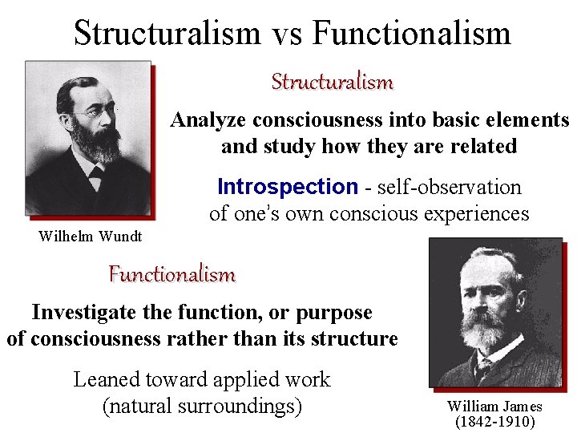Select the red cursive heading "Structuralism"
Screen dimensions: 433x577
point(332,82)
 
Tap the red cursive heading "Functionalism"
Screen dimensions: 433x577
point(172,274)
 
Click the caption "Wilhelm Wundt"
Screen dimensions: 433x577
point(91,236)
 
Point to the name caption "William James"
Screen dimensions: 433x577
point(494,407)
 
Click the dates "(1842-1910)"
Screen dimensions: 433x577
point(494,421)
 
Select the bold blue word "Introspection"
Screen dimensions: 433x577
point(287,187)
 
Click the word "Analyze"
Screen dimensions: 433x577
point(208,120)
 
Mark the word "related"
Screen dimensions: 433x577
point(483,147)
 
